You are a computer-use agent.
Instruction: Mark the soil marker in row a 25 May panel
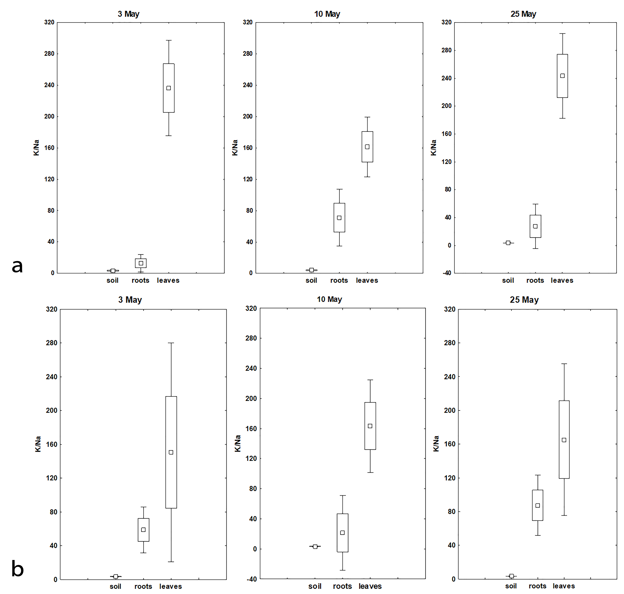[x=508, y=243]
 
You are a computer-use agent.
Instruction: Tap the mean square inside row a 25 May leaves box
[x=562, y=76]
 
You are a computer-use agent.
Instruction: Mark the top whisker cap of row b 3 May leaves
[x=171, y=343]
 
